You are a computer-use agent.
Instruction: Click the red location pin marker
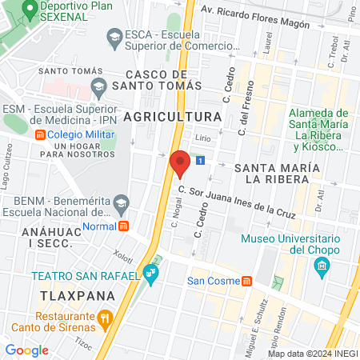[180, 163]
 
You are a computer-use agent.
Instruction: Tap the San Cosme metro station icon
[248, 281]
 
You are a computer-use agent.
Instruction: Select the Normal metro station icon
[124, 226]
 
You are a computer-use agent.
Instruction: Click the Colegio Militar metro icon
[40, 134]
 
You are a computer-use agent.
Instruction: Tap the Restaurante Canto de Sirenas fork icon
[105, 318]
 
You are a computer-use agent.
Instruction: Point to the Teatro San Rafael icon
[151, 275]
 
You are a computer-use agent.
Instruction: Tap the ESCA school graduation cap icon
[115, 36]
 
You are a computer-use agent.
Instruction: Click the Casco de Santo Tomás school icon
[98, 86]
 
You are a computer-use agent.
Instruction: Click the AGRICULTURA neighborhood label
[177, 117]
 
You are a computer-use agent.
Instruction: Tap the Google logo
[26, 350]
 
